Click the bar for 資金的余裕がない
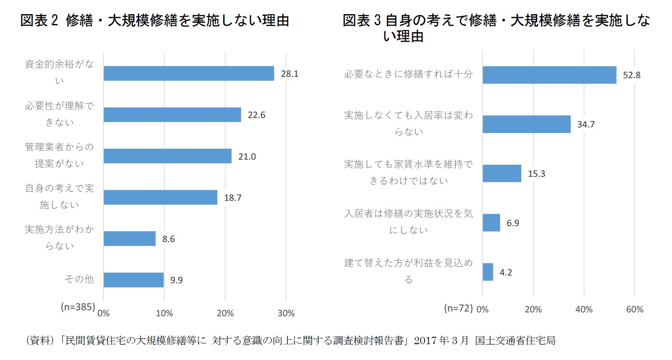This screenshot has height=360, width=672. [189, 73]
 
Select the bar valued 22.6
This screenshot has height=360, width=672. [172, 115]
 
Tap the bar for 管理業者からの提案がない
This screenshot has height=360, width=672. [167, 156]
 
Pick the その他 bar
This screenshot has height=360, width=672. [134, 280]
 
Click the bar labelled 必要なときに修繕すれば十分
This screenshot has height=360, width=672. [549, 75]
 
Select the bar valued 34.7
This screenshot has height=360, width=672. [526, 124]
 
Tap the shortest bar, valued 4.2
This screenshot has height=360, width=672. [488, 272]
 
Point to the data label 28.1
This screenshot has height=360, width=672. [289, 74]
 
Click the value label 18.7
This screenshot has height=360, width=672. [232, 198]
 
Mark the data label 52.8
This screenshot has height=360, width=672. [632, 75]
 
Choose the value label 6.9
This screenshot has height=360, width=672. [513, 223]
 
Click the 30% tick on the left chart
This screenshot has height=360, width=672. [286, 313]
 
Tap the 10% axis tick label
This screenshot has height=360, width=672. [164, 313]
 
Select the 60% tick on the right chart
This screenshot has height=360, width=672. [635, 309]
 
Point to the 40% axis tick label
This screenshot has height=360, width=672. [584, 309]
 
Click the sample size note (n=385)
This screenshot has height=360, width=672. [78, 307]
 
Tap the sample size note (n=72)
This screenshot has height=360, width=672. [458, 308]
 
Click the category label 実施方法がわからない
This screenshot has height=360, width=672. [59, 237]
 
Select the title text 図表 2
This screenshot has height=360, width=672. [39, 21]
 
